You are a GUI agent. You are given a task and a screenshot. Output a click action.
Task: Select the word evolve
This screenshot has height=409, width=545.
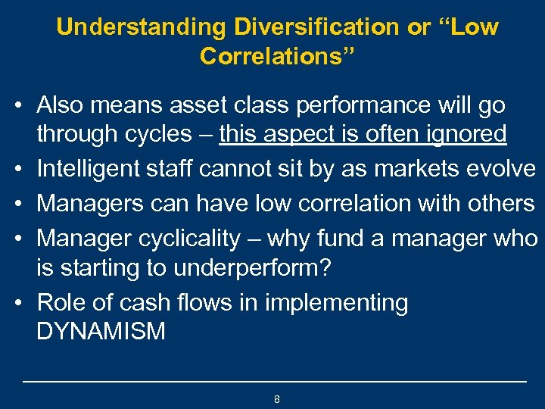pyautogui.click(x=505, y=168)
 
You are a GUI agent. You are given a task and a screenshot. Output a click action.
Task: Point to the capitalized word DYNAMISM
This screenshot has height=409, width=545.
pyautogui.click(x=101, y=332)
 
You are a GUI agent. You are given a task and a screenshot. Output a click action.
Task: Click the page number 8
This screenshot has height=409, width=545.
pyautogui.click(x=277, y=398)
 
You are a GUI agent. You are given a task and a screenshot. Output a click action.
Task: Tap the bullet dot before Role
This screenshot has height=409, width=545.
pyautogui.click(x=26, y=303)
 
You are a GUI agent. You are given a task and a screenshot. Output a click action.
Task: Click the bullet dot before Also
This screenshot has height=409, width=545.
pyautogui.click(x=26, y=105)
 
